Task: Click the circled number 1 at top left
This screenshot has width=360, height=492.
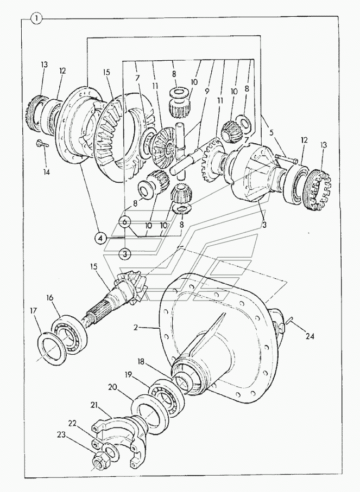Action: tap(36, 19)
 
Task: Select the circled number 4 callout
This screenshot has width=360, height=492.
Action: tap(100, 239)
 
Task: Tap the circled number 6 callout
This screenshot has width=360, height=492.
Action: tap(125, 222)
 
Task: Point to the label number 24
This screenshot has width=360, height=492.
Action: tap(310, 336)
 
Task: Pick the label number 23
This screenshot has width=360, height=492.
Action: tap(61, 435)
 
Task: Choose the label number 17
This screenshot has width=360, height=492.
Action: tap(34, 310)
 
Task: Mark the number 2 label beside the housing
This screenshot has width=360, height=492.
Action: tap(135, 327)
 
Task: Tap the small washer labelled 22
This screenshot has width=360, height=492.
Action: tap(111, 452)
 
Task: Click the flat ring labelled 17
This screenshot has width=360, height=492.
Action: tap(52, 348)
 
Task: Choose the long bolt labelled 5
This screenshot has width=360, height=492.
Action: tap(286, 159)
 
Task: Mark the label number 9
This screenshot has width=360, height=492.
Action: tap(207, 91)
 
